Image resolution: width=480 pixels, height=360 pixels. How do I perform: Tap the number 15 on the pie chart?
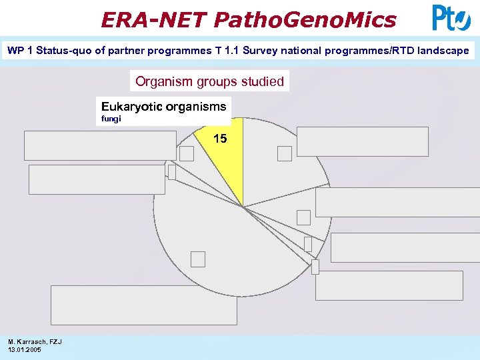tap(220, 139)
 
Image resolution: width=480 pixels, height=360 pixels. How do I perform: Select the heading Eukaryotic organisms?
tap(163, 106)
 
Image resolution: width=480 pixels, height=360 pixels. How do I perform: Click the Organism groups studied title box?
tap(209, 81)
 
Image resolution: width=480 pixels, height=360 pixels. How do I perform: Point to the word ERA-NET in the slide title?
tap(154, 19)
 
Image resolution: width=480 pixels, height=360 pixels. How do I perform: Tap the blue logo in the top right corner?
tap(451, 18)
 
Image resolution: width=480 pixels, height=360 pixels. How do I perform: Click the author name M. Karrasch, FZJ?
tap(35, 341)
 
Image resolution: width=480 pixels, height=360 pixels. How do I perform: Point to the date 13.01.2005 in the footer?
tap(24, 349)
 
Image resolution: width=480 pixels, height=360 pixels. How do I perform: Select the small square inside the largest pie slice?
tap(198, 258)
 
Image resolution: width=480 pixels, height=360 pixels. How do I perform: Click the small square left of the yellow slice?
tap(187, 153)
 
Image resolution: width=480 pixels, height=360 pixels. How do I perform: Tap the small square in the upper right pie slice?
tap(285, 153)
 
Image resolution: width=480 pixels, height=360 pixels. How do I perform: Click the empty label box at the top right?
tap(363, 141)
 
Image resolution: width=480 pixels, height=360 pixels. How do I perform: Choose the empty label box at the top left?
tap(100, 145)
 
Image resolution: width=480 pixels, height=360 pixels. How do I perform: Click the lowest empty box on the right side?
tap(389, 285)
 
